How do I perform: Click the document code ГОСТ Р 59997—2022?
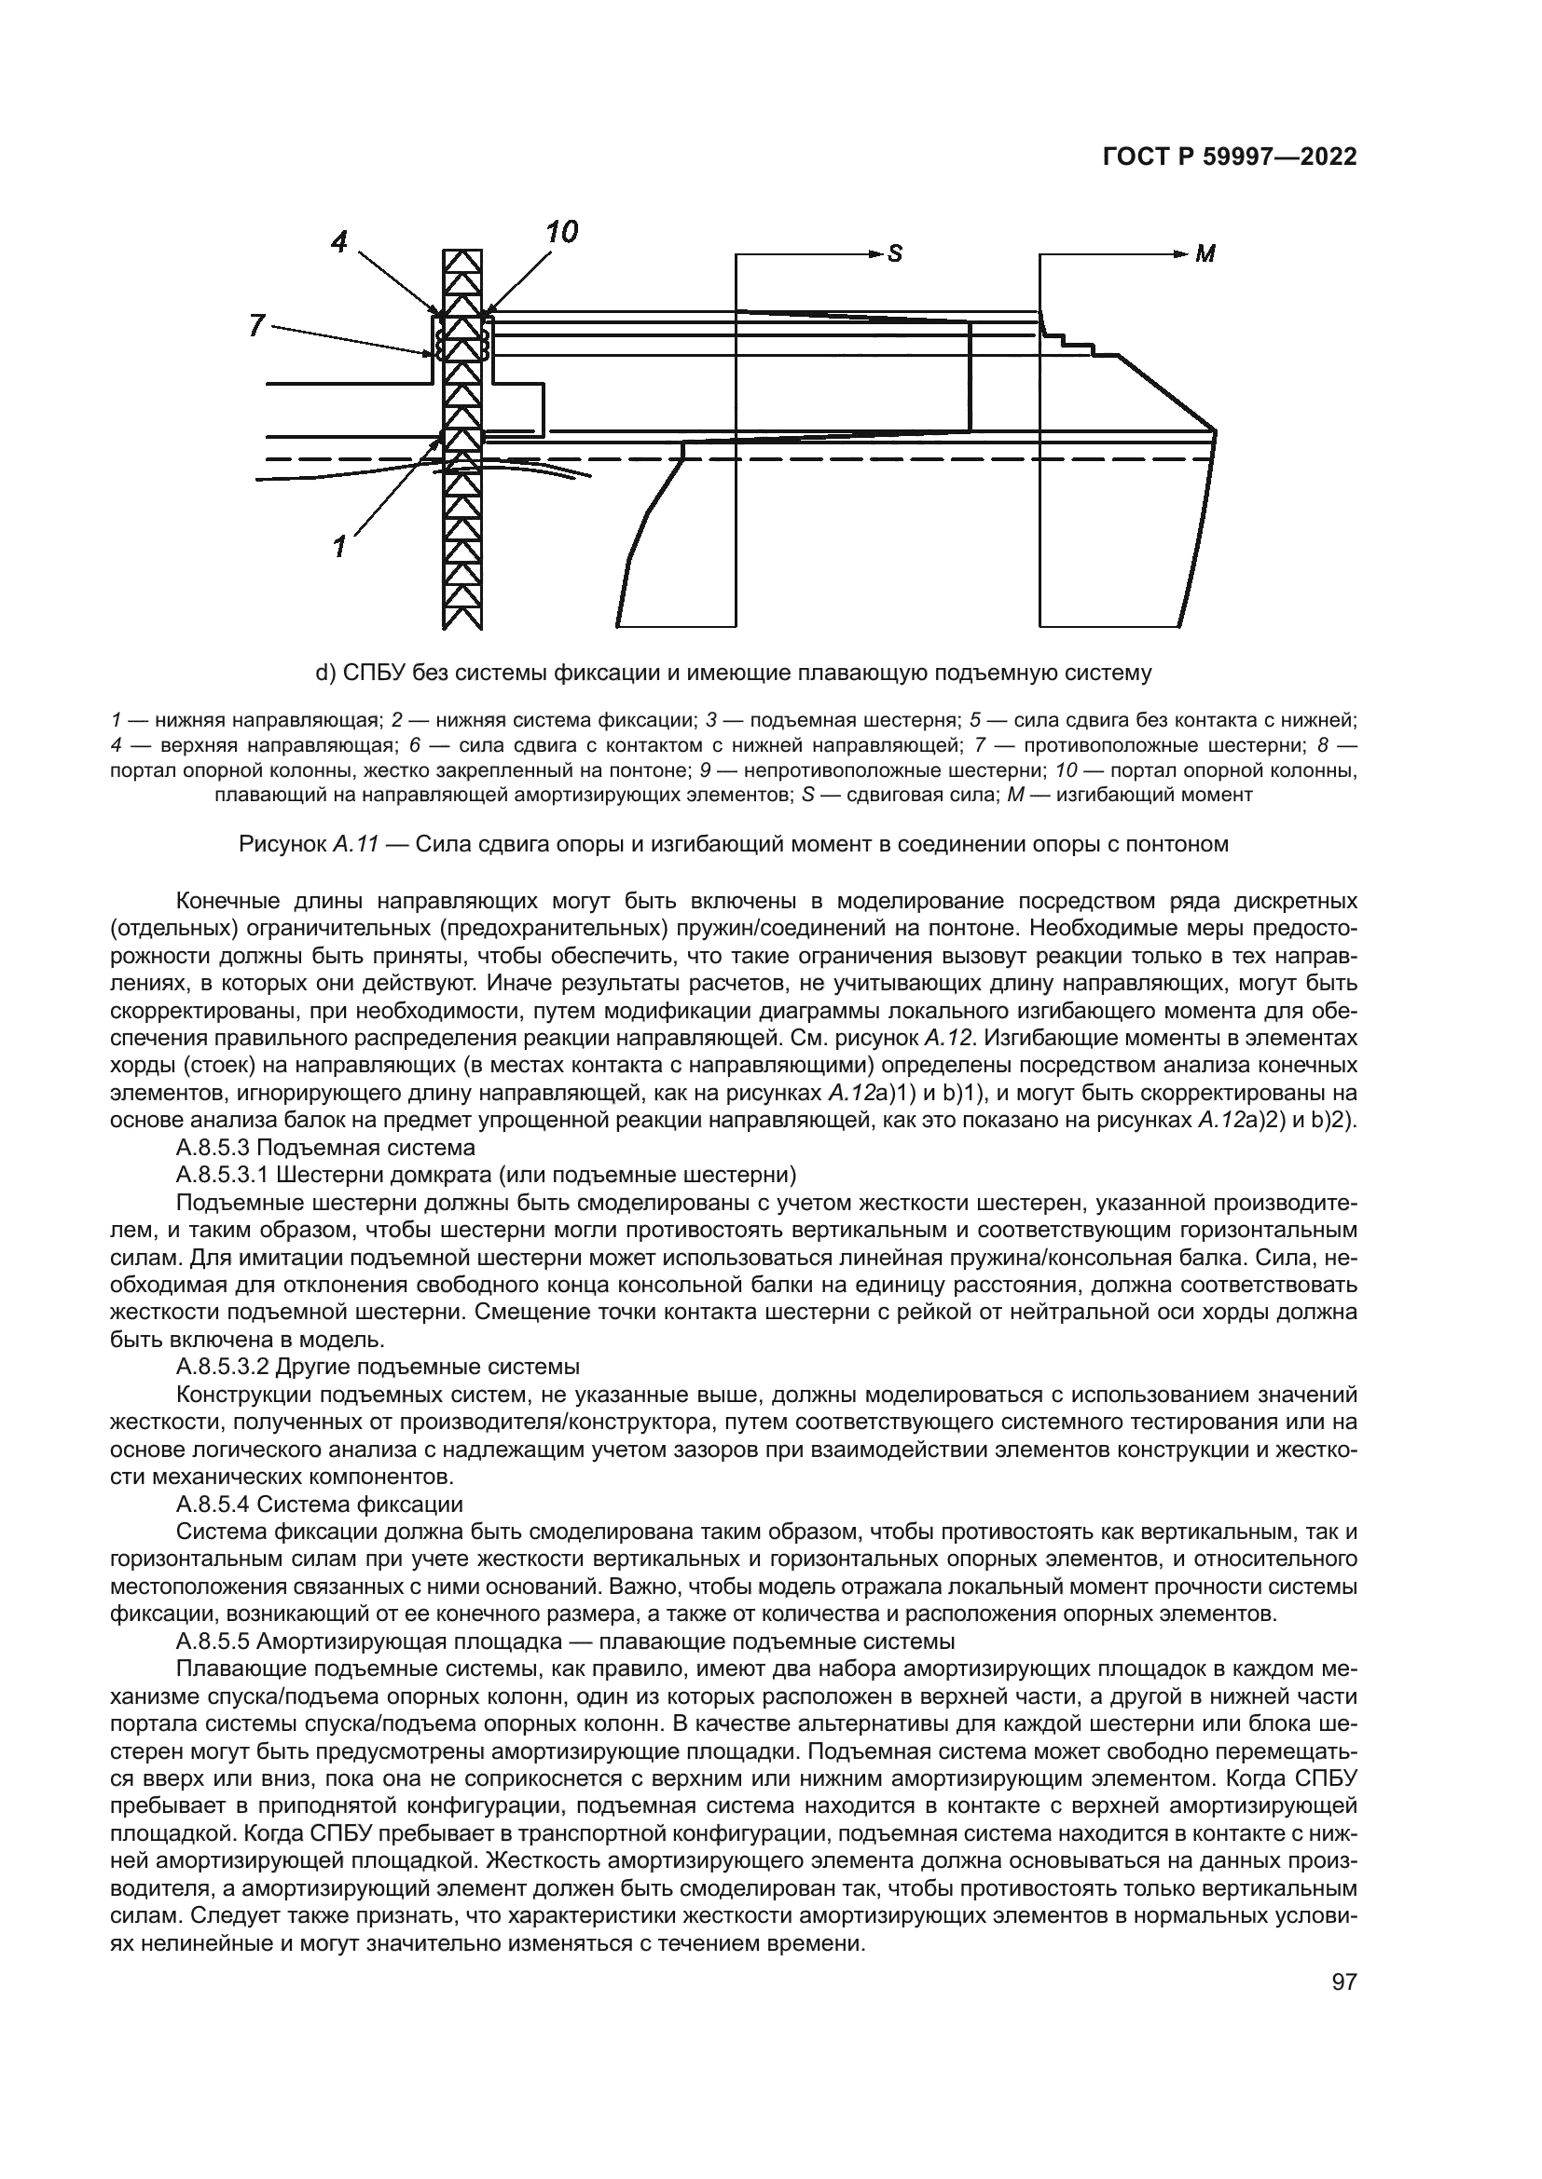tap(1230, 157)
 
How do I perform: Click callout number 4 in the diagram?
tap(339, 242)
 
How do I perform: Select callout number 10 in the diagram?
tap(561, 233)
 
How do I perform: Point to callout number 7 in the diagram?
tap(255, 325)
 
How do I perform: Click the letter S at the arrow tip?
tap(894, 254)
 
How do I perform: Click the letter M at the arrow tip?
tap(1205, 254)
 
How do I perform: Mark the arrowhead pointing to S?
tap(874, 253)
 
